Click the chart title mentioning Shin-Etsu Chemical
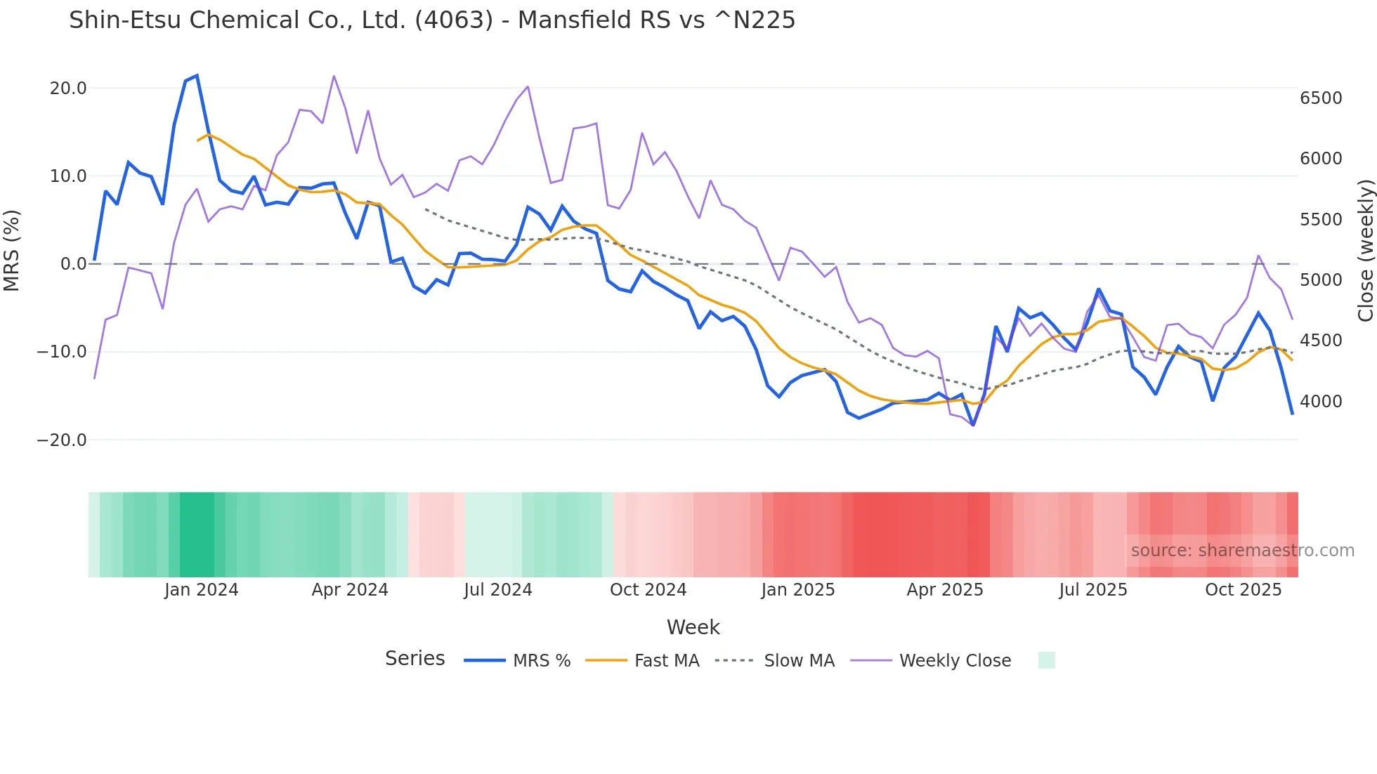[431, 20]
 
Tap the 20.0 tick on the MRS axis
[68, 88]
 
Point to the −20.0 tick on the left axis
[62, 440]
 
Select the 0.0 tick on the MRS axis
[73, 264]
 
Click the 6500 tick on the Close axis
[1321, 98]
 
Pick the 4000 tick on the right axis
[1321, 401]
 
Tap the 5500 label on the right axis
[1321, 220]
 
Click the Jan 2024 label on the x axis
[202, 590]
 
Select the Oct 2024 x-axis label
[648, 590]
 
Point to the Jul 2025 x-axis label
[1092, 590]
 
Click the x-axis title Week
[693, 627]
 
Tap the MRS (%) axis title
[12, 250]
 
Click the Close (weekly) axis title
[1365, 250]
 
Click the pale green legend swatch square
[1046, 660]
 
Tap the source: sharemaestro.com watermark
[1242, 551]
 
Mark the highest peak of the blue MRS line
[197, 75]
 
